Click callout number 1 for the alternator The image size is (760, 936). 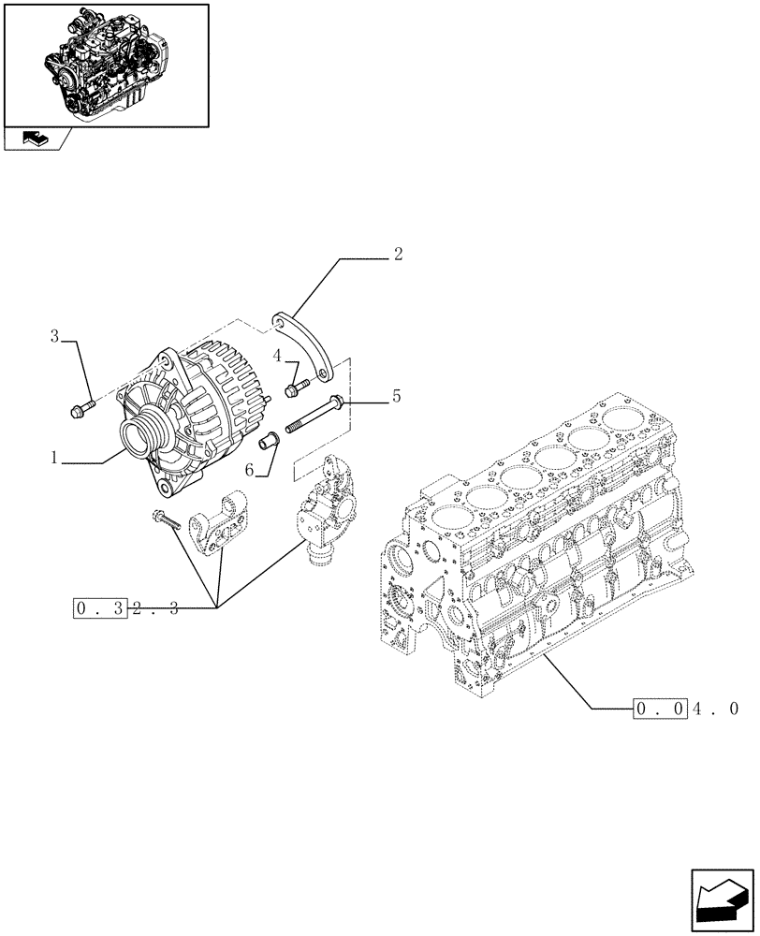56,459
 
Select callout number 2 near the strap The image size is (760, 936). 398,255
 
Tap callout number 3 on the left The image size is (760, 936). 55,336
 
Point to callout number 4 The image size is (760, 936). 278,355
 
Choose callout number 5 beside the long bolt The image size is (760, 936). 397,397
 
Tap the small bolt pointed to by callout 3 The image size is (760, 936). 81,408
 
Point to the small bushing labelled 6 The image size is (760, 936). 270,440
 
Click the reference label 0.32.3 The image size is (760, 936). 125,609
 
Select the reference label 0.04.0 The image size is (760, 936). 686,709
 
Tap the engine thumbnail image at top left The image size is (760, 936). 106,64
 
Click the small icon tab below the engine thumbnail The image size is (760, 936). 35,139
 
